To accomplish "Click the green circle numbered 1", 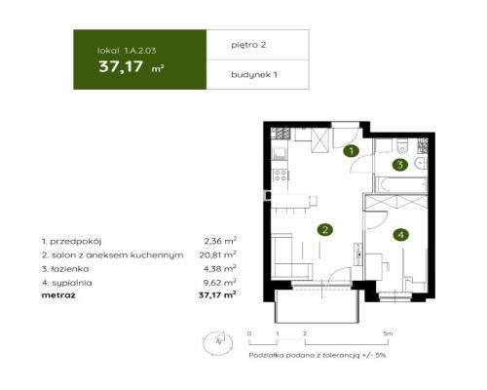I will [x=352, y=150].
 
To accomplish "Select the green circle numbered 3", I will [x=399, y=164].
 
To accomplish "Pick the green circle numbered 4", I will [x=399, y=234].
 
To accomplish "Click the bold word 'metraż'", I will [x=57, y=293].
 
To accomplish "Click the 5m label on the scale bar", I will [x=389, y=333].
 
